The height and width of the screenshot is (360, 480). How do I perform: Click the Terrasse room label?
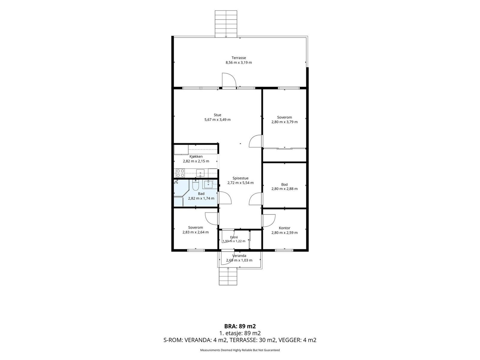click(238, 58)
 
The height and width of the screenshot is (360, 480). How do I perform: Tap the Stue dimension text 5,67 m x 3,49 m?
click(217, 120)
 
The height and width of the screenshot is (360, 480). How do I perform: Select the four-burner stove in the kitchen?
click(180, 173)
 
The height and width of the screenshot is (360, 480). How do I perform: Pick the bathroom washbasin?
click(208, 184)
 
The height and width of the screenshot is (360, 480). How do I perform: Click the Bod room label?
click(284, 184)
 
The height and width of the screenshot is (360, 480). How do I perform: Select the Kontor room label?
click(284, 228)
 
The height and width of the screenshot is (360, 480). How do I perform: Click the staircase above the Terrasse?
click(226, 24)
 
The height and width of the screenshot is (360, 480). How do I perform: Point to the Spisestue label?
click(240, 178)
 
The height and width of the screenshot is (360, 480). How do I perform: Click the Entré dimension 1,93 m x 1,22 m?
click(234, 241)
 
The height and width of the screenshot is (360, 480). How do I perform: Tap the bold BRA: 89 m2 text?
click(240, 326)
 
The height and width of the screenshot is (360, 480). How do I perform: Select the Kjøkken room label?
click(196, 157)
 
